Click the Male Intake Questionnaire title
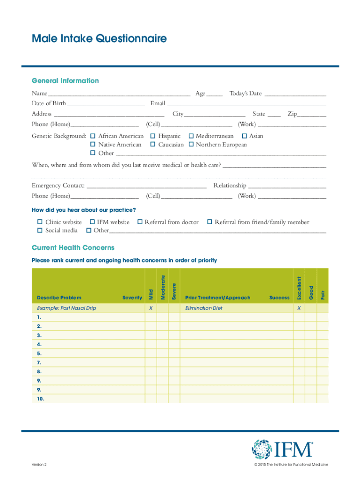coord(99,38)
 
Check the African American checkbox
coord(93,136)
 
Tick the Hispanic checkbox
coord(153,136)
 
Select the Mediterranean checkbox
coord(191,136)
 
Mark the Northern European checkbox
coord(191,145)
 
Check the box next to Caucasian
coord(153,145)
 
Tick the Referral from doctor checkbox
coord(140,222)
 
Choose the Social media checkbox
coord(40,230)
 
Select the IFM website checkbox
coord(92,222)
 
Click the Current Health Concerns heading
coord(73,247)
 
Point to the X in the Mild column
coord(151,308)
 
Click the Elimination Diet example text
coord(204,308)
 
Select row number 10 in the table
coord(41,399)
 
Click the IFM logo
coord(282,449)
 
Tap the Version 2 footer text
coord(39,464)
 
